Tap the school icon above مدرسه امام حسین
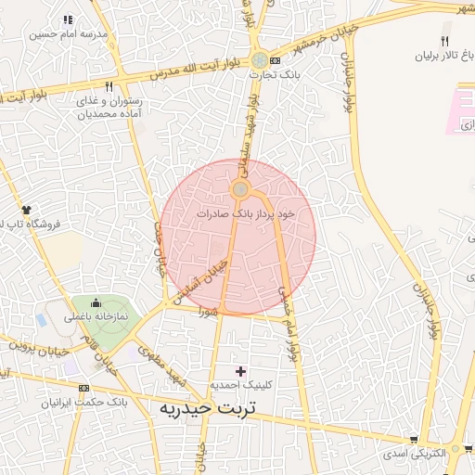click(x=69, y=19)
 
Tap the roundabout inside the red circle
click(x=240, y=190)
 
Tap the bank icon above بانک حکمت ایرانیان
click(x=83, y=388)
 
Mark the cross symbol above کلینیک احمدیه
click(x=241, y=371)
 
